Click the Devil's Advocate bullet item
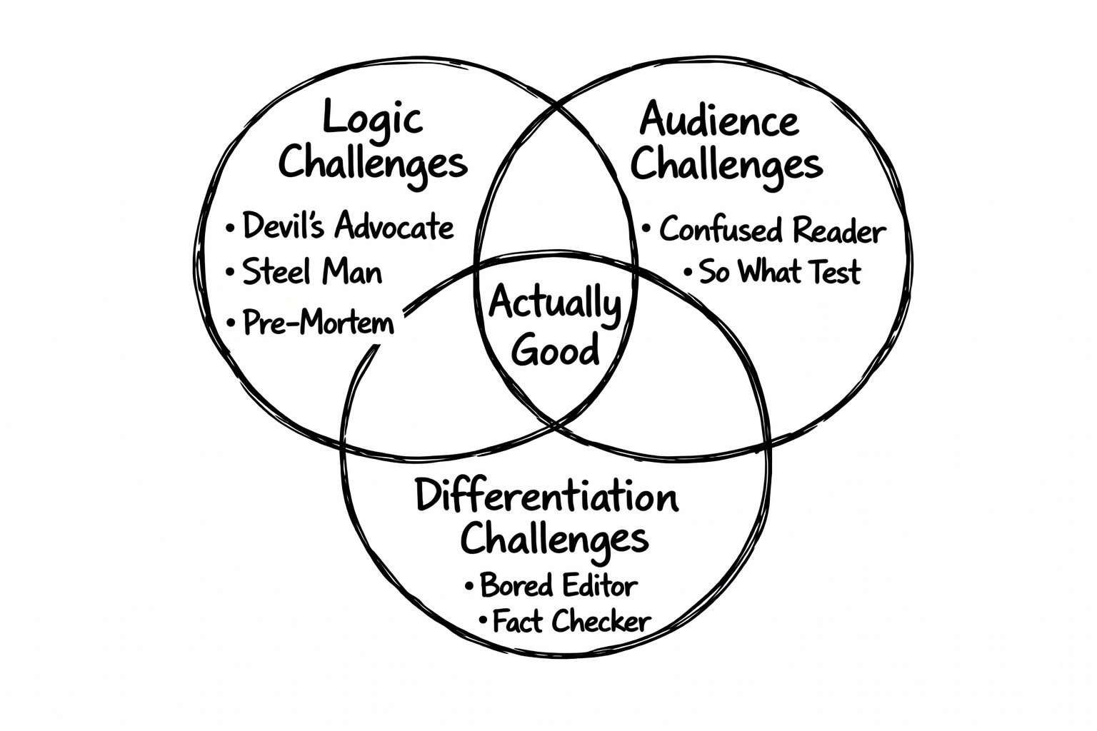click(348, 226)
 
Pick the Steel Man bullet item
click(312, 272)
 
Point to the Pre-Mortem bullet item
click(318, 323)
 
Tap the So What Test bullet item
click(779, 272)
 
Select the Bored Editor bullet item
click(558, 585)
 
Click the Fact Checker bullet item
click(571, 621)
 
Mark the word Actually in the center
click(555, 304)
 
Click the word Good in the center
click(556, 351)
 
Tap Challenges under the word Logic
click(372, 163)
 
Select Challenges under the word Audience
click(726, 165)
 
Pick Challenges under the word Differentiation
click(553, 539)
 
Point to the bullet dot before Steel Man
click(230, 273)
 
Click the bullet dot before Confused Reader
click(646, 230)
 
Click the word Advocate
click(394, 226)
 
